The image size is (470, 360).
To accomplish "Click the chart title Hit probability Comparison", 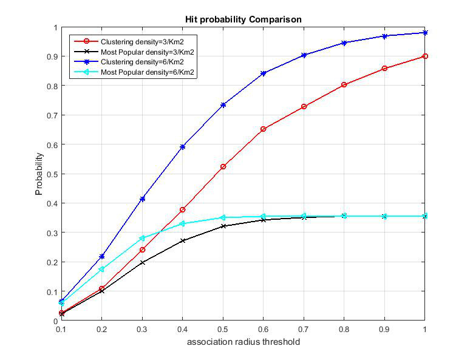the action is coord(243,20).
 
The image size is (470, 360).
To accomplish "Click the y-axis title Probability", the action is coord(39,174).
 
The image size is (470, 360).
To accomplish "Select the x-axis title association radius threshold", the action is coord(244,342).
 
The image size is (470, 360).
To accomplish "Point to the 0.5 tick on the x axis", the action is coord(223,330).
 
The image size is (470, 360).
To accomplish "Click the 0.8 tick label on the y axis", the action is coord(52,86).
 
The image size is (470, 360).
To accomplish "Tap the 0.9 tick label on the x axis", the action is coord(384,330).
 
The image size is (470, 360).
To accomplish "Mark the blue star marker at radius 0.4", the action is coord(183,147).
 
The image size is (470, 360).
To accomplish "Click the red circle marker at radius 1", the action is coord(424,56).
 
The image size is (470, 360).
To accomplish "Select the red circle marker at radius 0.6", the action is coord(263,129).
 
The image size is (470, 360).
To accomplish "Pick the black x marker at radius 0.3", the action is coord(142,263).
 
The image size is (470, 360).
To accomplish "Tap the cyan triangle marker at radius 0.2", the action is coord(101,270).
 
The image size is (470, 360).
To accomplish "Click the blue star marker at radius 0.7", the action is coord(304,55).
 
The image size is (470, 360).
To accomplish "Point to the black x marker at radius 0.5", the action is coord(223,226).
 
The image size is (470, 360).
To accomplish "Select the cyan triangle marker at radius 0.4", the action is coord(182,223).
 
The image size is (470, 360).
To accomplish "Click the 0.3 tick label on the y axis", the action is coord(52,233).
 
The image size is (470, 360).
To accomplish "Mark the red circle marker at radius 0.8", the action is coord(344,85).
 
